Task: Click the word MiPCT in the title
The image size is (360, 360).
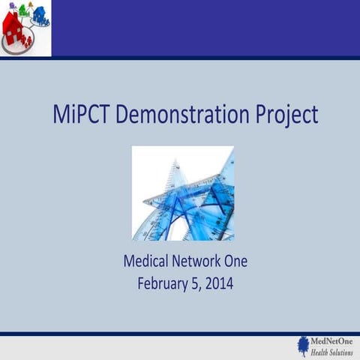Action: pyautogui.click(x=81, y=114)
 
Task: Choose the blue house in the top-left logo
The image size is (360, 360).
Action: pyautogui.click(x=39, y=13)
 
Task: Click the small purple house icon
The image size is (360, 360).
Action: pyautogui.click(x=12, y=6)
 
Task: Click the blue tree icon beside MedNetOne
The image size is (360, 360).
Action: pyautogui.click(x=303, y=344)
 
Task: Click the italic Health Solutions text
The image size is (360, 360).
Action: pyautogui.click(x=331, y=352)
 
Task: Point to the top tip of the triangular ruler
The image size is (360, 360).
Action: pyautogui.click(x=176, y=160)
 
